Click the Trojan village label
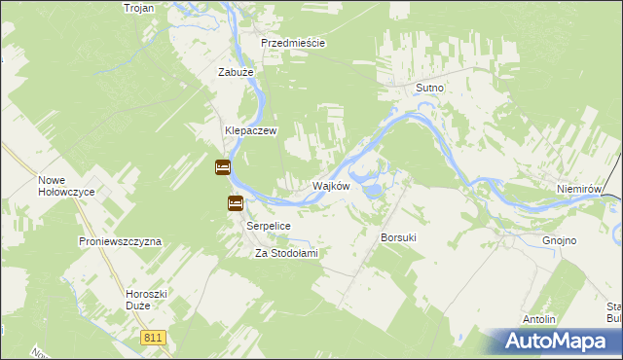click(140, 7)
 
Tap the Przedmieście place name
click(292, 43)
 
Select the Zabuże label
click(236, 71)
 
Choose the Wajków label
click(330, 185)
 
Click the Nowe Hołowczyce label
click(66, 185)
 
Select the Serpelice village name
click(269, 225)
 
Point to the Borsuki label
click(399, 237)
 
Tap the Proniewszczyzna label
click(120, 240)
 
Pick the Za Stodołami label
click(287, 253)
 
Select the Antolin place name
click(539, 319)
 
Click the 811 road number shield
click(153, 337)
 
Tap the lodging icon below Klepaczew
click(222, 167)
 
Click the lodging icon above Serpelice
click(236, 203)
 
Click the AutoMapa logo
click(555, 342)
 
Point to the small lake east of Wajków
click(373, 191)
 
